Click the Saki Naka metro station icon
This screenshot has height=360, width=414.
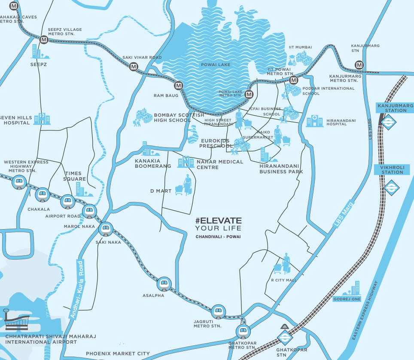106,229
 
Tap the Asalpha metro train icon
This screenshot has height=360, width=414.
163,283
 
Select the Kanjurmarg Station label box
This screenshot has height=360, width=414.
394,108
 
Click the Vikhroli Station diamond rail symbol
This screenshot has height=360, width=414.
391,188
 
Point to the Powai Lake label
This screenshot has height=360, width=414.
216,65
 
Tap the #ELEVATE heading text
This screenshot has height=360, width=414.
218,221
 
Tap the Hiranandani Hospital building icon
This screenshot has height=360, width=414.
314,121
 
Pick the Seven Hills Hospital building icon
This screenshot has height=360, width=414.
42,118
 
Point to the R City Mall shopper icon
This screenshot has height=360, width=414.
283,264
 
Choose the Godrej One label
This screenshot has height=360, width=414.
347,299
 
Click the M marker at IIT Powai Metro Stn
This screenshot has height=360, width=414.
294,80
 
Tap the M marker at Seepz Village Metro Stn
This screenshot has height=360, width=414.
43,40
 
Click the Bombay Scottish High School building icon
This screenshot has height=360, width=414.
144,117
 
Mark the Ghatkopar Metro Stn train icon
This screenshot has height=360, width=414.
242,331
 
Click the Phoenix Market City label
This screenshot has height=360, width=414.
118,354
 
